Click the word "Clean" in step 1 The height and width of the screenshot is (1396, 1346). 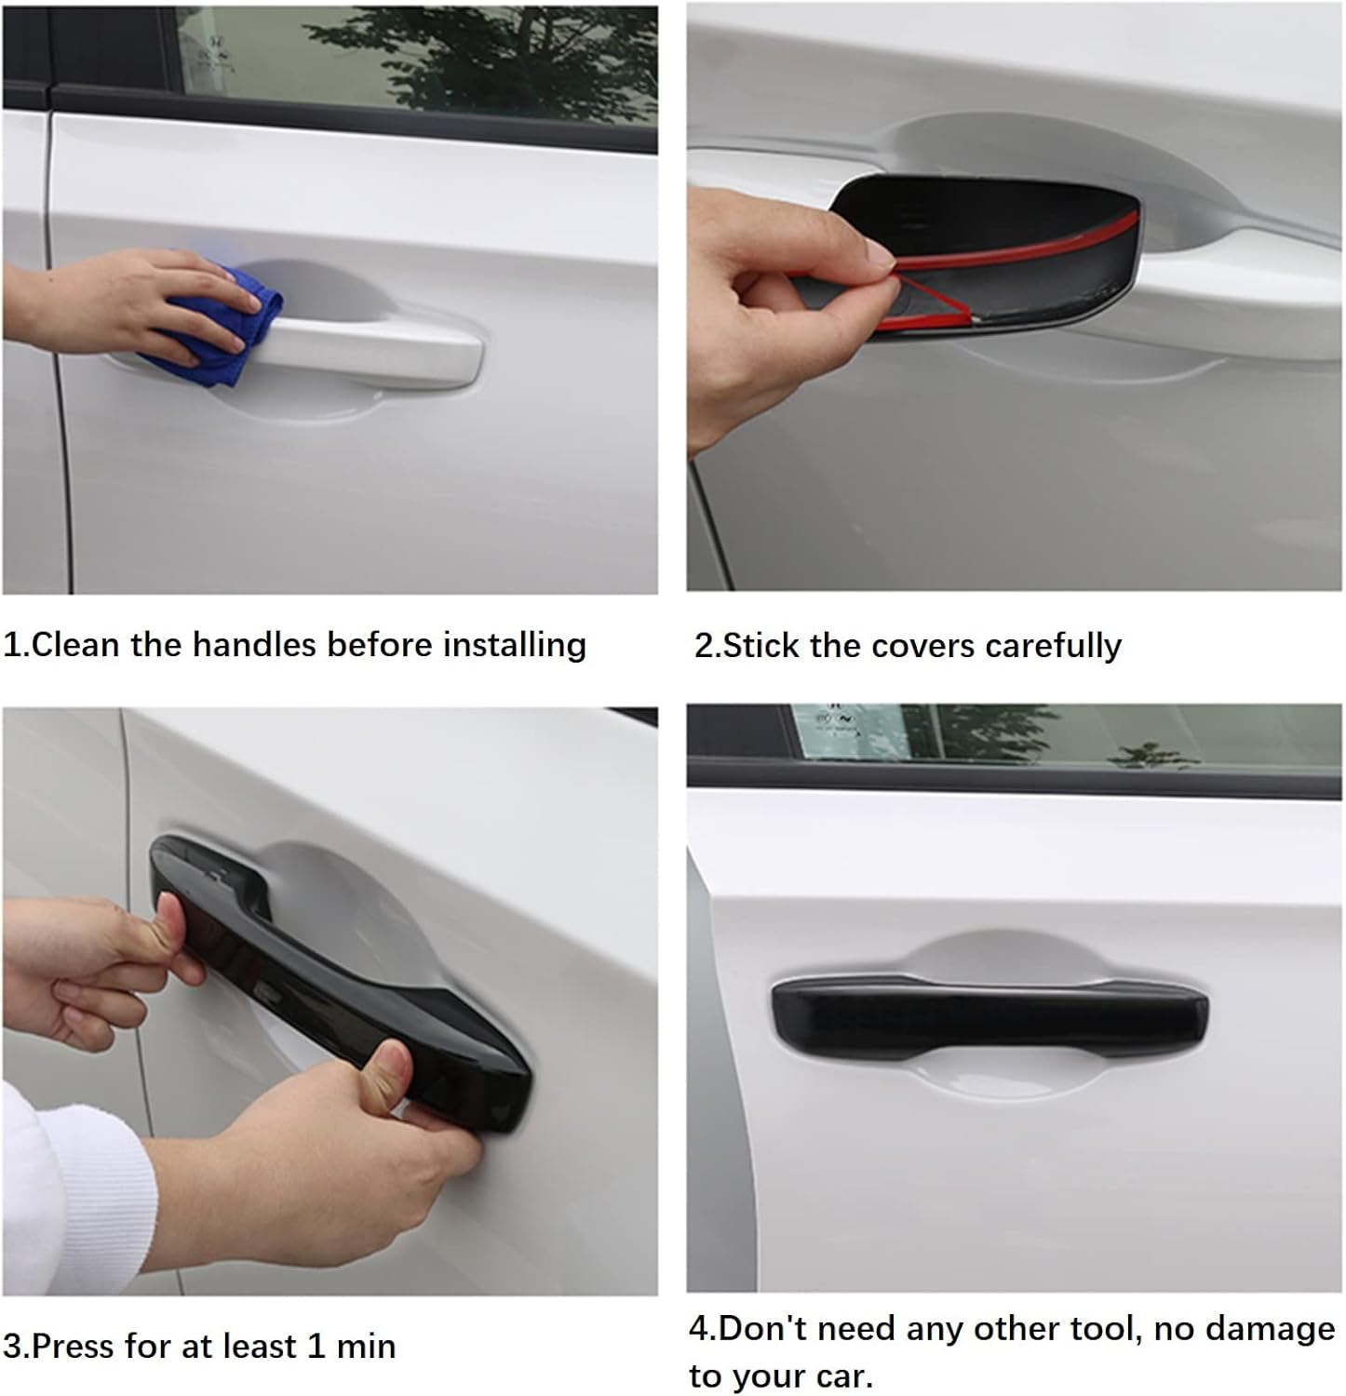(76, 645)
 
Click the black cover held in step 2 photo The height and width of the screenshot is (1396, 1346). (987, 251)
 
